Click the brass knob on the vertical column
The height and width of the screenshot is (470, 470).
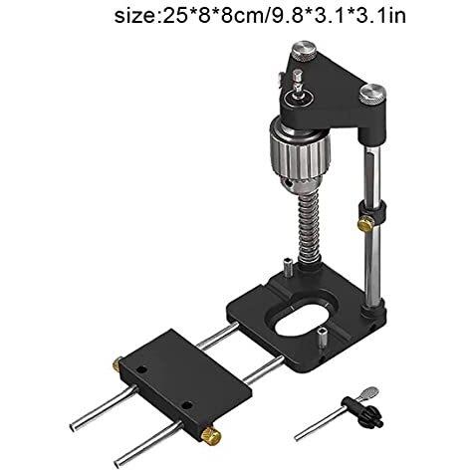(365, 223)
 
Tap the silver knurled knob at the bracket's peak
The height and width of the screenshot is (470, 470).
(305, 52)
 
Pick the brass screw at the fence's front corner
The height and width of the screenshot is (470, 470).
(211, 435)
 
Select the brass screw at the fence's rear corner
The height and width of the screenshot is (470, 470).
(117, 364)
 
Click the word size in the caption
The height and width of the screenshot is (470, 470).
(136, 16)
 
